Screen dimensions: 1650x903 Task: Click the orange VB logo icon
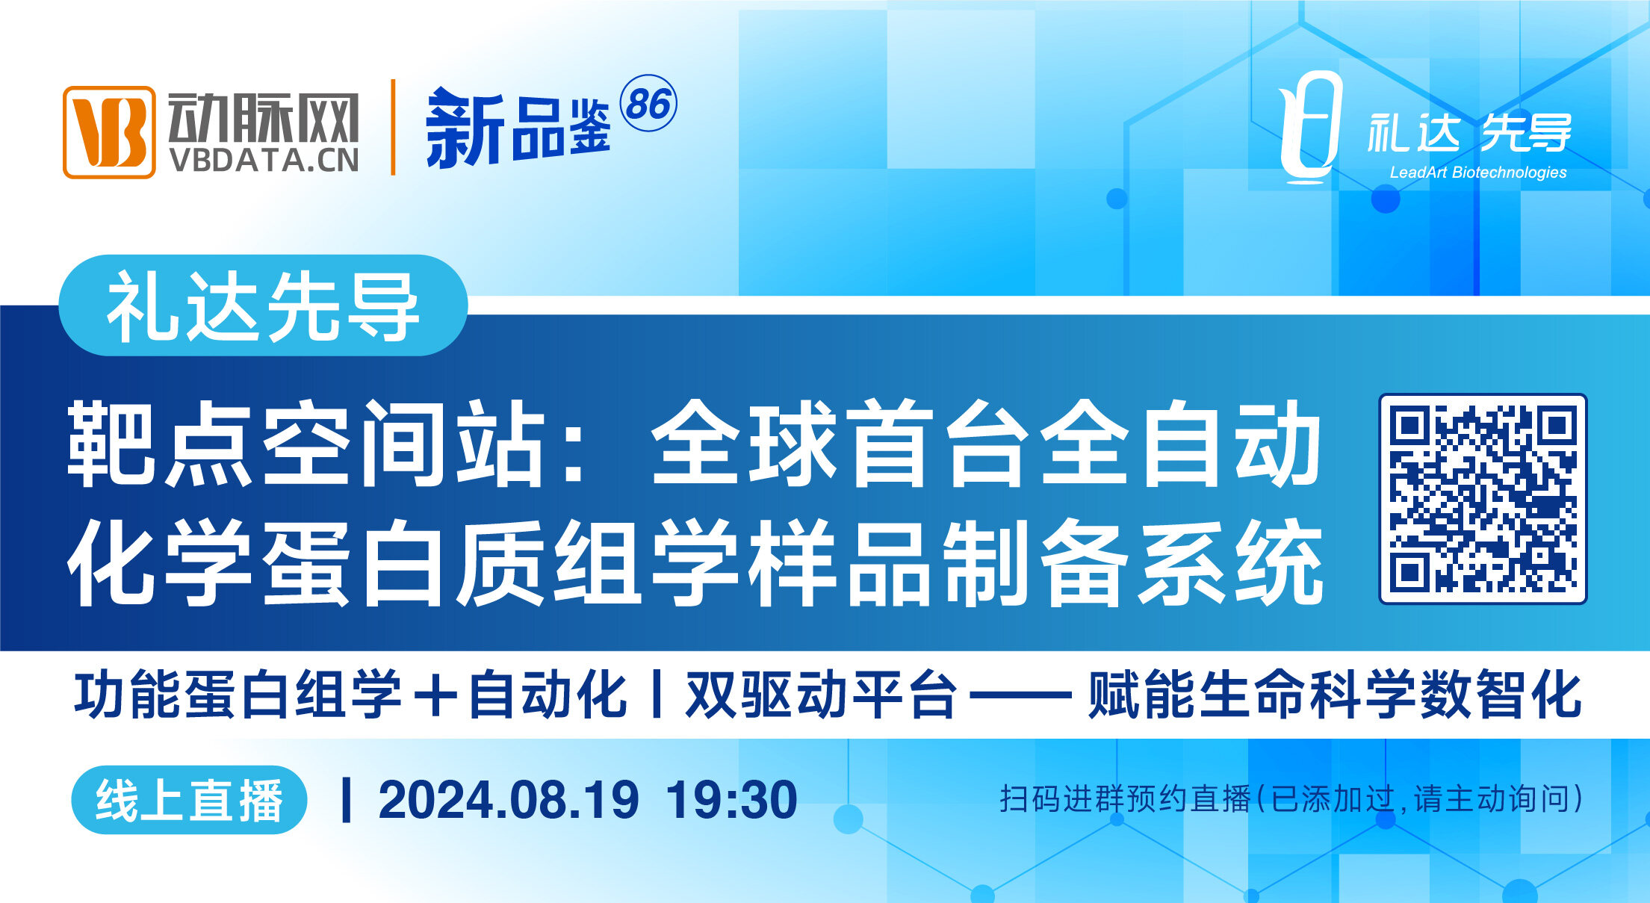pos(109,132)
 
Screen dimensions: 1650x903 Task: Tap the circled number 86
pos(648,103)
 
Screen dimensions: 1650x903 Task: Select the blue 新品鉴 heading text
pos(518,128)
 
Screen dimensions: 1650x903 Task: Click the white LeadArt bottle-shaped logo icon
pos(1309,127)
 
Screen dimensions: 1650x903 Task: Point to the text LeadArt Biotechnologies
pos(1478,173)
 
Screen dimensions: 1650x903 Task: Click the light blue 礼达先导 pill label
pos(263,305)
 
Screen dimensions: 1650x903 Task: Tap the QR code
pos(1483,499)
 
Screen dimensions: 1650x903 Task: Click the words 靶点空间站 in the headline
pos(306,444)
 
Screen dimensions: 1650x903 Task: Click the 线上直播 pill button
pos(189,800)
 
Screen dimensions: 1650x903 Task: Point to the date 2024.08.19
pos(509,800)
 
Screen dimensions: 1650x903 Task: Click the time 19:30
pos(731,800)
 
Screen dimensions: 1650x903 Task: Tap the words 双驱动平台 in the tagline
pos(821,695)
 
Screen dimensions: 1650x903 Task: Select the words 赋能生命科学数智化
pos(1335,695)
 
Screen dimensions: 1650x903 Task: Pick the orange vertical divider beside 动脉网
pos(393,127)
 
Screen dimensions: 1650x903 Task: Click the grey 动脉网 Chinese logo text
pos(264,117)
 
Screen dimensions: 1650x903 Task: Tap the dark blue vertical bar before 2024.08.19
pos(346,800)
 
